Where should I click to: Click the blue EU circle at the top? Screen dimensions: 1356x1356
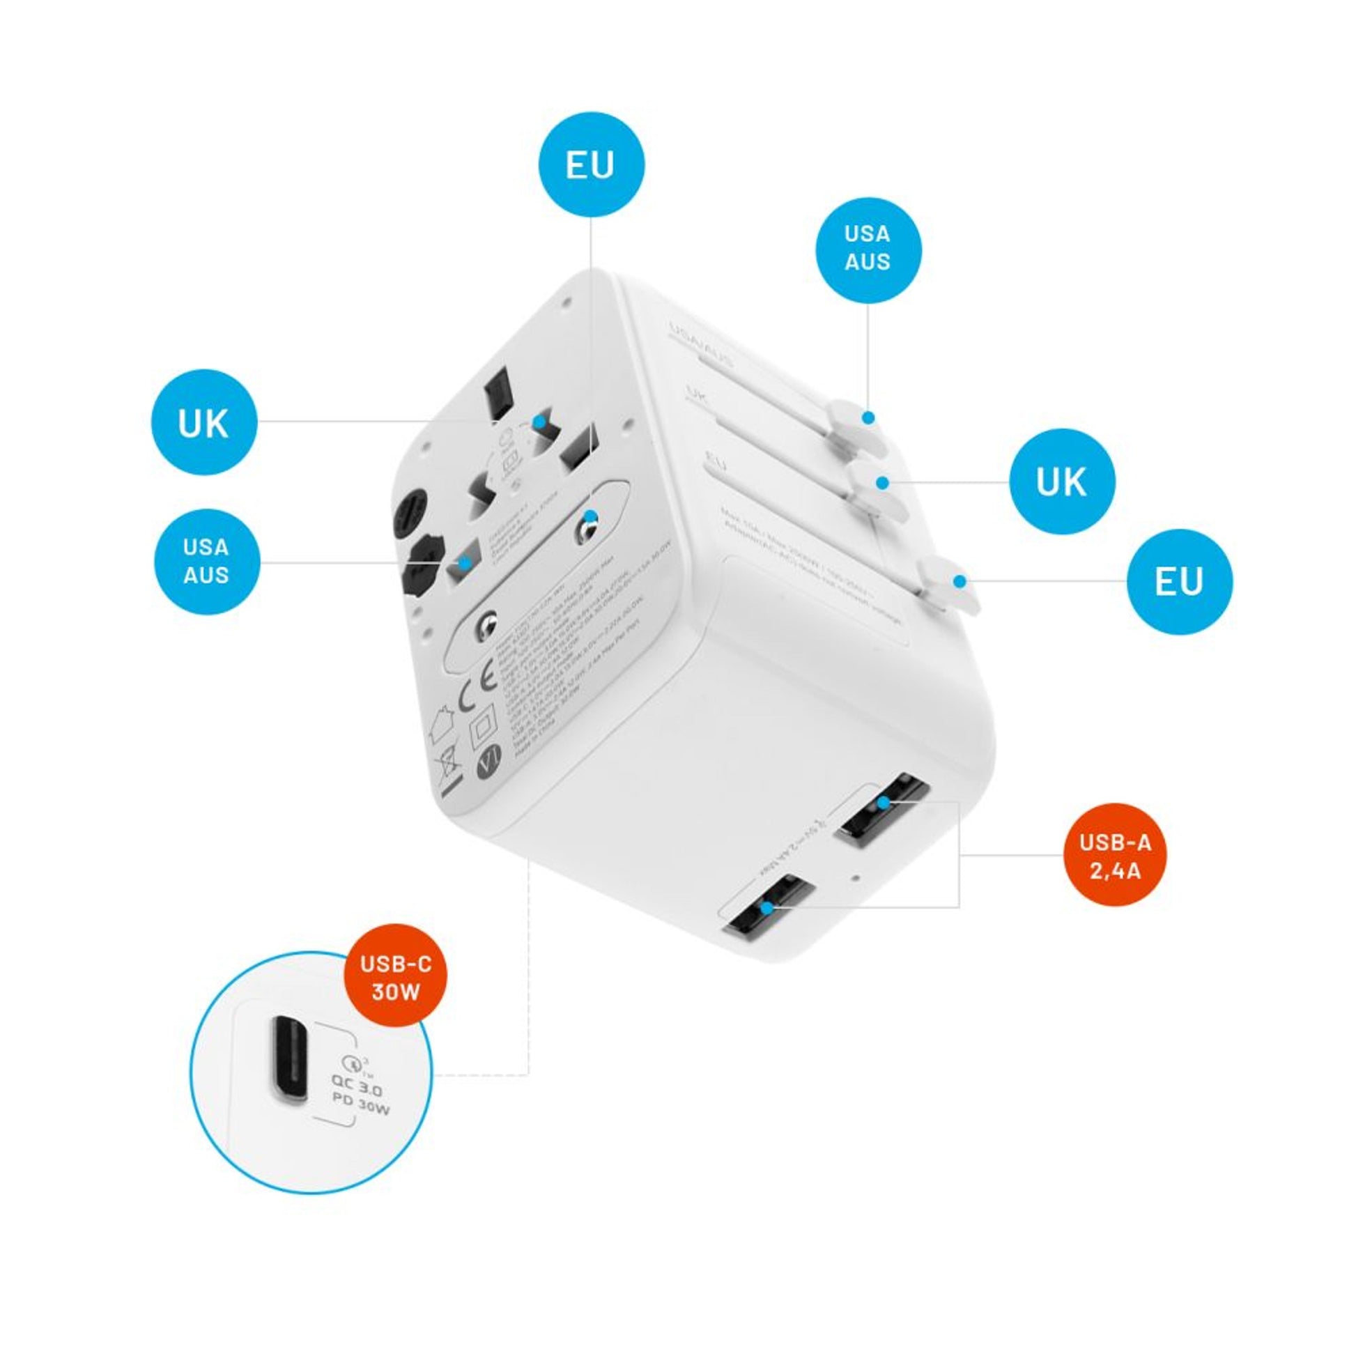[x=591, y=165]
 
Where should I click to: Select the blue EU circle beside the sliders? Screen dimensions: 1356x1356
[x=1179, y=582]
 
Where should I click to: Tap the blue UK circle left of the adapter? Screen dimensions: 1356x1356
[x=203, y=422]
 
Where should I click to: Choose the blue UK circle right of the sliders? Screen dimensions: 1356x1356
[x=1061, y=481]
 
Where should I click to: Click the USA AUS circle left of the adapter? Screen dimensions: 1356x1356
[x=206, y=562]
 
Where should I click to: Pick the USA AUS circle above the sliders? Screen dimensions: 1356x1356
[x=868, y=249]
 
